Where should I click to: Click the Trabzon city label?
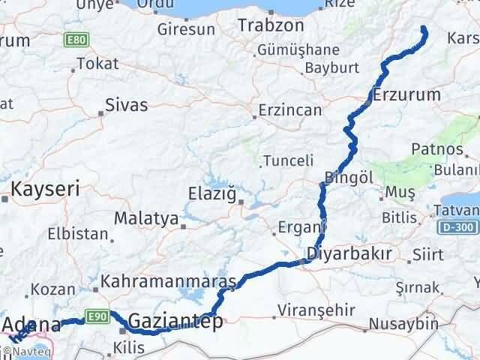pos(271,25)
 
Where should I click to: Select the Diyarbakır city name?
pos(349,253)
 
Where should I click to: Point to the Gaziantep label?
pos(175,322)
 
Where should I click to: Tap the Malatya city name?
pos(146,220)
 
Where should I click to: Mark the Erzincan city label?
pos(289,110)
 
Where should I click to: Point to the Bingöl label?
pos(349,178)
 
